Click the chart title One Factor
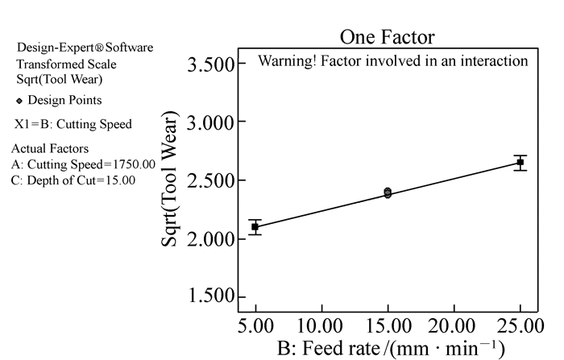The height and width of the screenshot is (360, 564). pos(387,36)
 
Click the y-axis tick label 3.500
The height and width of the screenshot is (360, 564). pos(210,64)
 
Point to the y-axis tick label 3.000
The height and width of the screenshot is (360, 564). pos(210,122)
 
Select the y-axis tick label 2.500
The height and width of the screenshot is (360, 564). pos(210,180)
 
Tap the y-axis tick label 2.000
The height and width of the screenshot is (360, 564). pos(210,239)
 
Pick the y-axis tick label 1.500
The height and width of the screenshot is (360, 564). pos(210,297)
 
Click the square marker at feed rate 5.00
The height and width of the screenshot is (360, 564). pos(255,227)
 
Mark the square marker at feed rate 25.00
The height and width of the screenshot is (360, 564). pos(520,163)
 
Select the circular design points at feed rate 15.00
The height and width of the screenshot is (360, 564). pos(388,192)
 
